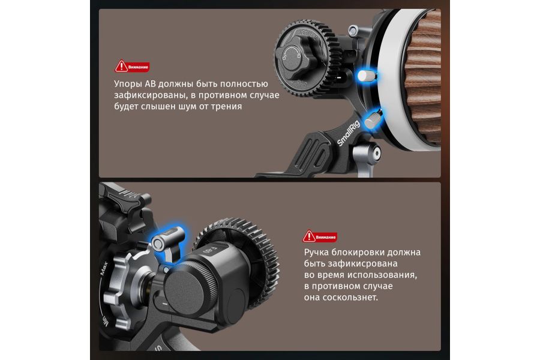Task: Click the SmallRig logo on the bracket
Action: (348, 133)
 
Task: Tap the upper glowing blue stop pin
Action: (367, 76)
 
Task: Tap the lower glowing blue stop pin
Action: (373, 119)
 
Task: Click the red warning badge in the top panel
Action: (131, 67)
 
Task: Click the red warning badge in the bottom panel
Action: (320, 236)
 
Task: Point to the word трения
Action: (226, 106)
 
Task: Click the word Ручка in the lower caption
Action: (316, 253)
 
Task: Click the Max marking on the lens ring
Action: (104, 268)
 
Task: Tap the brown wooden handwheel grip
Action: (424, 77)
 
